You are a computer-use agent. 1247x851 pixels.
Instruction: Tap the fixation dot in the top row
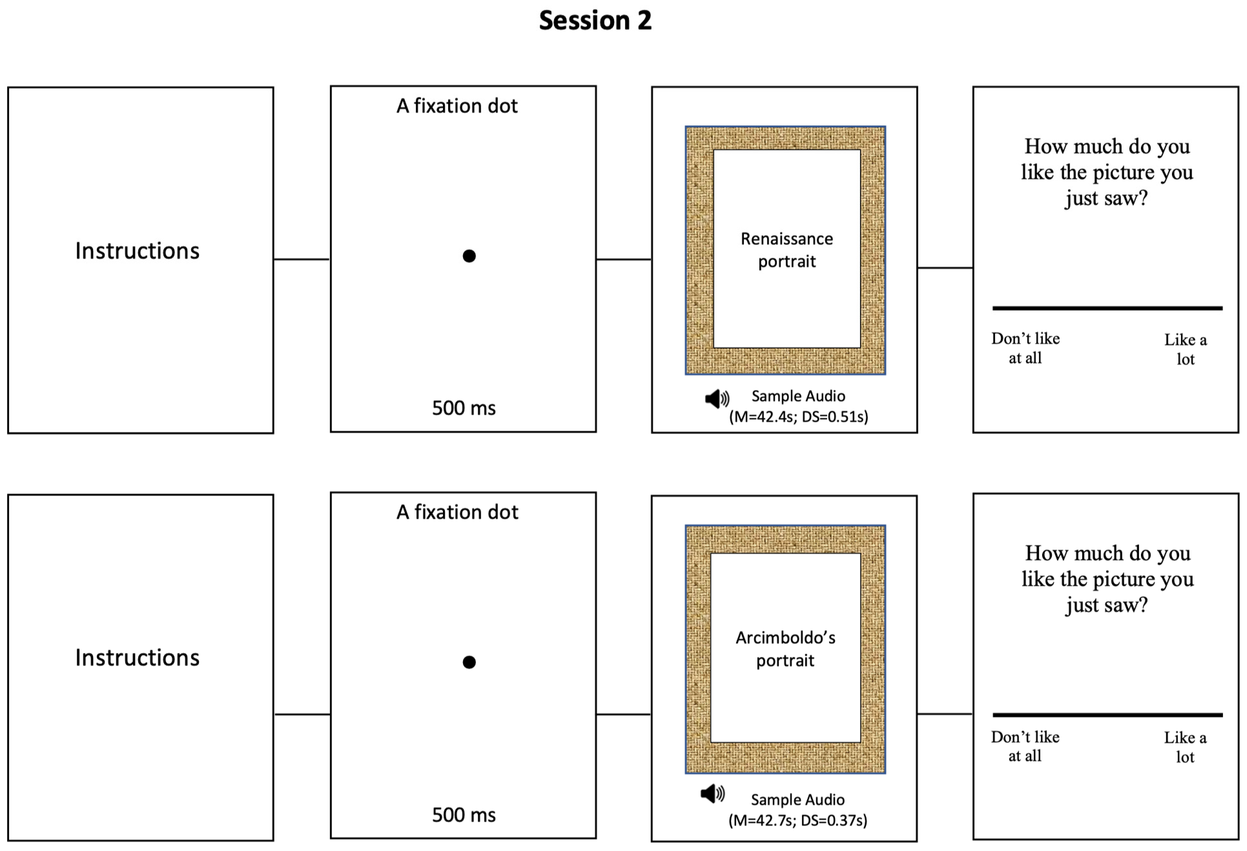tap(469, 256)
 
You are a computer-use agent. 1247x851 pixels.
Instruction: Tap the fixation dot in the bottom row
tap(469, 662)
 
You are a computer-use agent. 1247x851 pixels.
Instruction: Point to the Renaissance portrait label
tap(787, 250)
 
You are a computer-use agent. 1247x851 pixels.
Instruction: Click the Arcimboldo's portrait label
tap(786, 649)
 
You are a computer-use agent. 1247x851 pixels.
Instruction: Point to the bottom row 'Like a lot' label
tap(1185, 747)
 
